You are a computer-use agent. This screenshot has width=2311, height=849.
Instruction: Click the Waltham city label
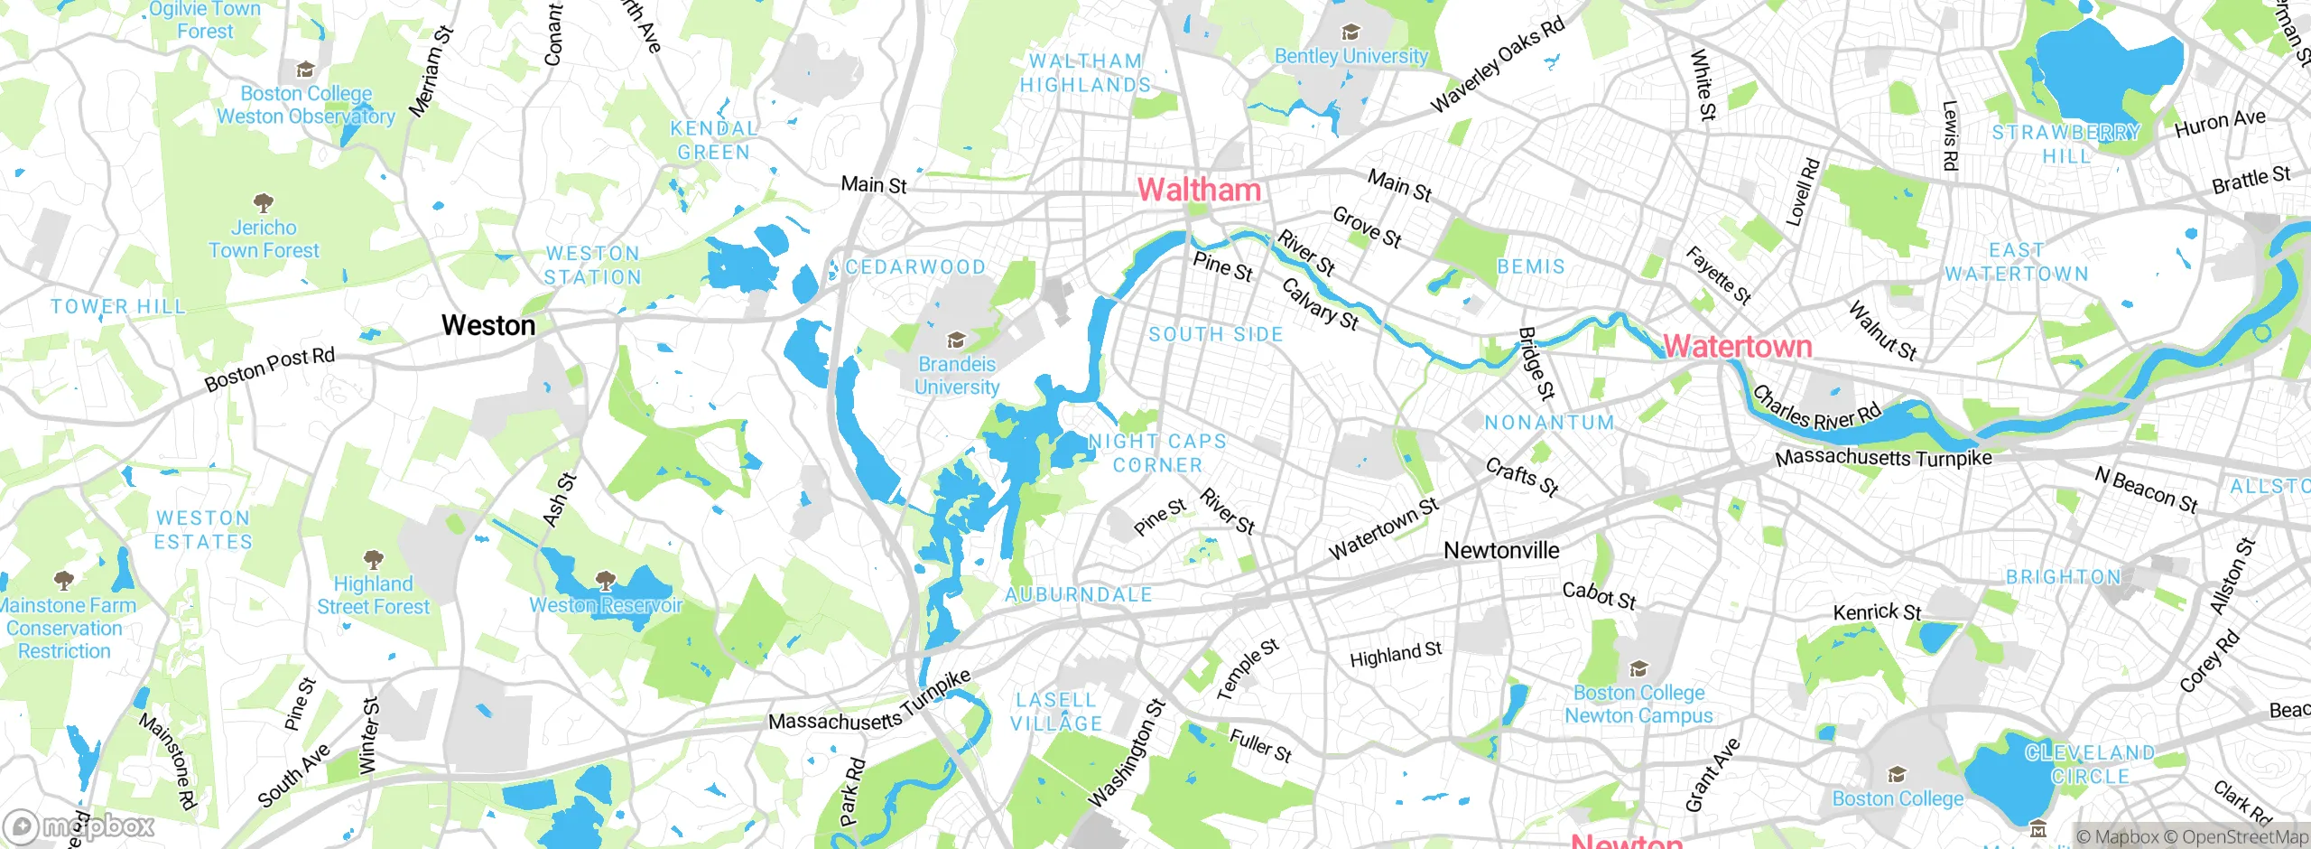1199,190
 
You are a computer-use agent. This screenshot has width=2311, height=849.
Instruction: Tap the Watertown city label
1737,346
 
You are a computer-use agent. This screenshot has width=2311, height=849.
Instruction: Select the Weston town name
488,325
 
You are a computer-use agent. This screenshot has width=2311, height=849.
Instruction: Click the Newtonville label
1501,550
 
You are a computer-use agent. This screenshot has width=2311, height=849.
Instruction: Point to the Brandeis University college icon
956,341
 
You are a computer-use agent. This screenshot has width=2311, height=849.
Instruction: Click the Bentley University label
1350,56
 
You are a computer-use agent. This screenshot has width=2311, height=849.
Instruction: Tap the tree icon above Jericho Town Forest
264,201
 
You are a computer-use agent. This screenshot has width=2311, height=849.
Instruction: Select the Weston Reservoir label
606,604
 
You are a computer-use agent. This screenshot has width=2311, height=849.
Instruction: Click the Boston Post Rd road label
269,369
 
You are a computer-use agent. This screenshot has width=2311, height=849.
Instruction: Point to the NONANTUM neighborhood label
1549,423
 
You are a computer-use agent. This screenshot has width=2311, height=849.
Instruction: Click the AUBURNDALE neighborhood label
1079,594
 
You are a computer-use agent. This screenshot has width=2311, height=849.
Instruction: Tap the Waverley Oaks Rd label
1498,65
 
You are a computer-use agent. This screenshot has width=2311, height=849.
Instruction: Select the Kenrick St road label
1877,612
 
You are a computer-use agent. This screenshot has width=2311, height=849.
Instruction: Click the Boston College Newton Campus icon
1638,669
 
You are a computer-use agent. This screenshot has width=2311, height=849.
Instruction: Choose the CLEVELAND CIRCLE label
2090,764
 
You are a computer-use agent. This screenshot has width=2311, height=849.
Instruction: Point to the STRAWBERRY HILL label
2065,144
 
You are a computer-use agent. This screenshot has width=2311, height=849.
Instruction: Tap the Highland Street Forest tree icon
373,560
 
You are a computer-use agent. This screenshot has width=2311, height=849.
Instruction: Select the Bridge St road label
1536,363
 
